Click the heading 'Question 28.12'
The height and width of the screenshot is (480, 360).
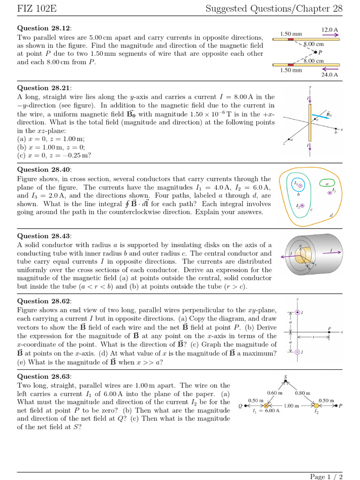pyautogui.click(x=40, y=28)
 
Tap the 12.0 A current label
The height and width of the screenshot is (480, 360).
pyautogui.click(x=330, y=30)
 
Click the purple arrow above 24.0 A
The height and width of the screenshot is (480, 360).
pyautogui.click(x=330, y=68)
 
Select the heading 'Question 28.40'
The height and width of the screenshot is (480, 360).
pyautogui.click(x=40, y=170)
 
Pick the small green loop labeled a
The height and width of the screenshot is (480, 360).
pyautogui.click(x=327, y=183)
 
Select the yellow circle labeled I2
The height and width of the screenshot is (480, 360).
pyautogui.click(x=316, y=406)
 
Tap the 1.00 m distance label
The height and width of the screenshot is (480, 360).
pyautogui.click(x=292, y=406)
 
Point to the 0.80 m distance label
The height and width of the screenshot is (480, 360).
pyautogui.click(x=303, y=393)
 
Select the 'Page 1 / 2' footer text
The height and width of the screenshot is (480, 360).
pyautogui.click(x=326, y=476)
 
